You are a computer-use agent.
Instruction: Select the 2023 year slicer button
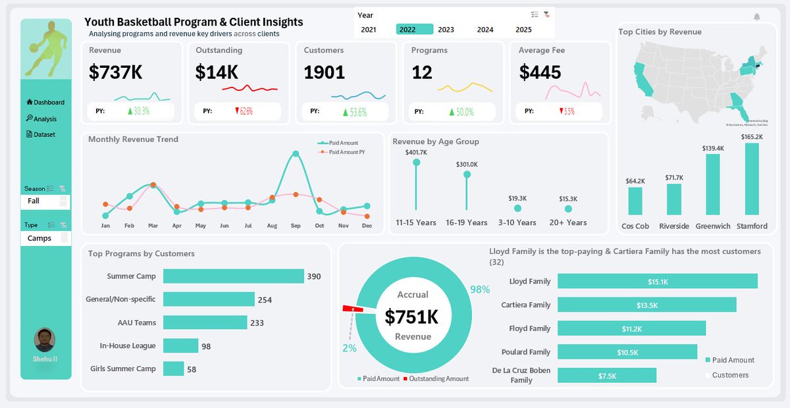[x=446, y=30]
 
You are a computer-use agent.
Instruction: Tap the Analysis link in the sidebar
[x=45, y=119]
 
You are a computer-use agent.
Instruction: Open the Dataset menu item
[x=44, y=134]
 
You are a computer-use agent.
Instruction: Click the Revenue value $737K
[x=115, y=72]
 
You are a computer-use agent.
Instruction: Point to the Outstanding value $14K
[x=217, y=72]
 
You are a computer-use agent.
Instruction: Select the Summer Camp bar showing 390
[x=233, y=276]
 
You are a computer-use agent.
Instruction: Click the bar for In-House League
[x=180, y=345]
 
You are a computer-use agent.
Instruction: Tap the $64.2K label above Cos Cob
[x=635, y=180]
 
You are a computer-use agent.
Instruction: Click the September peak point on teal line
[x=296, y=154]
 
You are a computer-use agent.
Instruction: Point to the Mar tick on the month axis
[x=153, y=226]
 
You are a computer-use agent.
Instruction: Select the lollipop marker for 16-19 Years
[x=467, y=175]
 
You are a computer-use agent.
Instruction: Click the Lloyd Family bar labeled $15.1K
[x=657, y=282]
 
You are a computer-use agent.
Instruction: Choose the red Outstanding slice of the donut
[x=349, y=309]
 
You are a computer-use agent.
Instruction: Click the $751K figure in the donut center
[x=412, y=317]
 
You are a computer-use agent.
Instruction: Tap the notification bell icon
[x=756, y=17]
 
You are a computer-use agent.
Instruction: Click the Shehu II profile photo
[x=45, y=340]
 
